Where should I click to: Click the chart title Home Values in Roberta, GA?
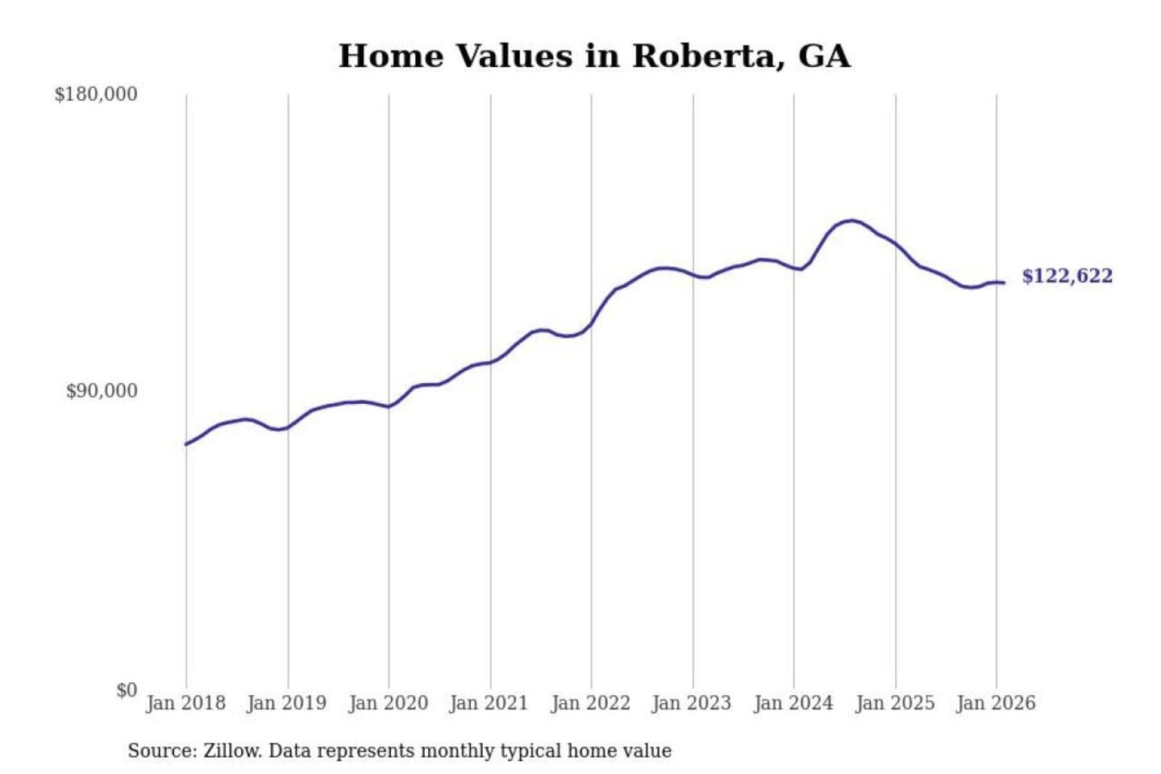click(x=594, y=56)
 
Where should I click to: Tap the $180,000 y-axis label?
click(x=96, y=94)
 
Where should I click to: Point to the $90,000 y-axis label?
click(x=102, y=391)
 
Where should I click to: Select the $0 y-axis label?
click(x=126, y=690)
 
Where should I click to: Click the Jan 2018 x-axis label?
click(x=185, y=703)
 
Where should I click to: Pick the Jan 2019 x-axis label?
click(x=286, y=703)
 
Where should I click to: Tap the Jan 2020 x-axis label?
click(x=388, y=703)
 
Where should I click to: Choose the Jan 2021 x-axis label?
click(x=489, y=703)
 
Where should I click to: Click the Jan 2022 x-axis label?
click(x=590, y=703)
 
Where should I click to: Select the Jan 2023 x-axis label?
click(x=691, y=703)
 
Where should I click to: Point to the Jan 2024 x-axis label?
click(x=793, y=703)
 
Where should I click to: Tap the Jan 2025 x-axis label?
click(x=894, y=703)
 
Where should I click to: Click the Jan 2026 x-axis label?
click(x=995, y=703)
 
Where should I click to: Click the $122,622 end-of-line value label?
click(x=1067, y=276)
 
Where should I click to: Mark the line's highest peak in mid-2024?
click(x=851, y=220)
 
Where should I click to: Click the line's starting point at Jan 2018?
click(x=186, y=444)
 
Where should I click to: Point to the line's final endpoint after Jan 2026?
click(x=1004, y=282)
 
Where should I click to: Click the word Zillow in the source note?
click(x=232, y=751)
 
